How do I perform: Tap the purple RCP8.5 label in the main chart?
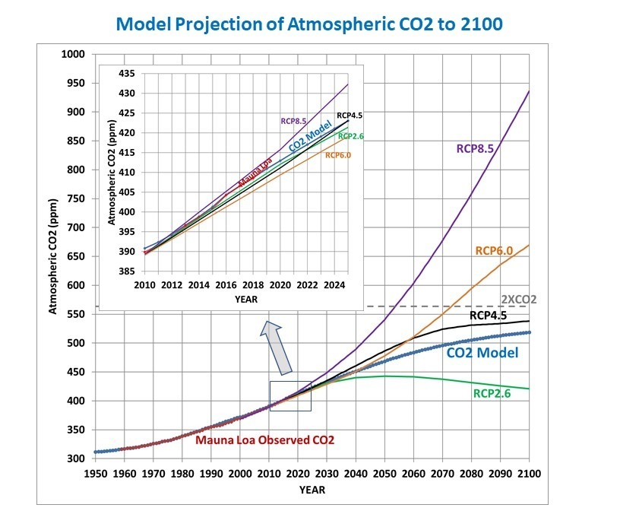click(x=475, y=149)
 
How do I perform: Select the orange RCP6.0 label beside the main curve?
click(x=495, y=250)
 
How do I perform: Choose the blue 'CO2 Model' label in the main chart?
click(x=482, y=353)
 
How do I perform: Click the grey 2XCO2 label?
click(x=518, y=299)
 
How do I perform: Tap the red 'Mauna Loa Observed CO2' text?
click(x=264, y=440)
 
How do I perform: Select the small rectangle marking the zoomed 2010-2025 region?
click(x=290, y=395)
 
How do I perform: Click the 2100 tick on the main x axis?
click(x=529, y=473)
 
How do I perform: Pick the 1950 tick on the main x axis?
click(x=94, y=473)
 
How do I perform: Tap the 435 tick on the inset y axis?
click(x=125, y=74)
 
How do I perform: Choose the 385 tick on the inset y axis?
click(x=125, y=271)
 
